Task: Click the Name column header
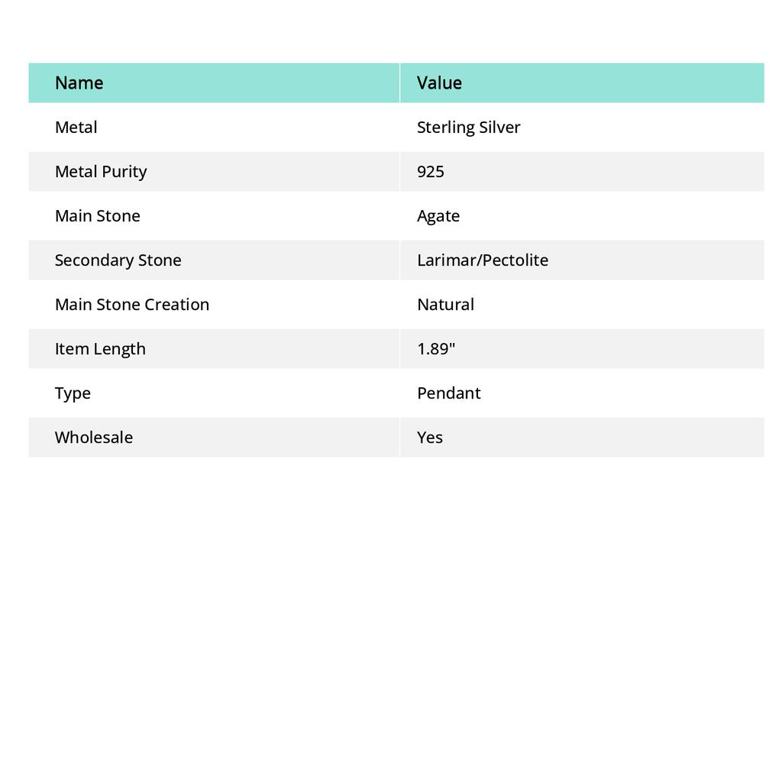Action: pyautogui.click(x=79, y=82)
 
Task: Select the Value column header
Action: pyautogui.click(x=439, y=82)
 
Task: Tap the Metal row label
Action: pyautogui.click(x=76, y=127)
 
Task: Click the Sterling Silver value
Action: pyautogui.click(x=468, y=127)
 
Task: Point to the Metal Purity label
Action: pyautogui.click(x=101, y=171)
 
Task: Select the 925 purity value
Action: pyautogui.click(x=431, y=171)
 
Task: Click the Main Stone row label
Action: pyautogui.click(x=98, y=215)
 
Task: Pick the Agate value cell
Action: pyautogui.click(x=438, y=215)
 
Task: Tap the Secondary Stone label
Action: pyautogui.click(x=118, y=260)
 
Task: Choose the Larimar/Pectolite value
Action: pyautogui.click(x=483, y=260)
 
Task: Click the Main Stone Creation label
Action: pyautogui.click(x=132, y=304)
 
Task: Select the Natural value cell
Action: pyautogui.click(x=445, y=304)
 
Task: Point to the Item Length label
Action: pyautogui.click(x=100, y=348)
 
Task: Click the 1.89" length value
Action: pyautogui.click(x=436, y=348)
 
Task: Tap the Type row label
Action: pyautogui.click(x=73, y=393)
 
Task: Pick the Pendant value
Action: pyautogui.click(x=449, y=393)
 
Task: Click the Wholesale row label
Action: pyautogui.click(x=94, y=437)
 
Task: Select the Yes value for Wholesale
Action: pyautogui.click(x=430, y=437)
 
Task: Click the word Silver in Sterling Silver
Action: pyautogui.click(x=499, y=127)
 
